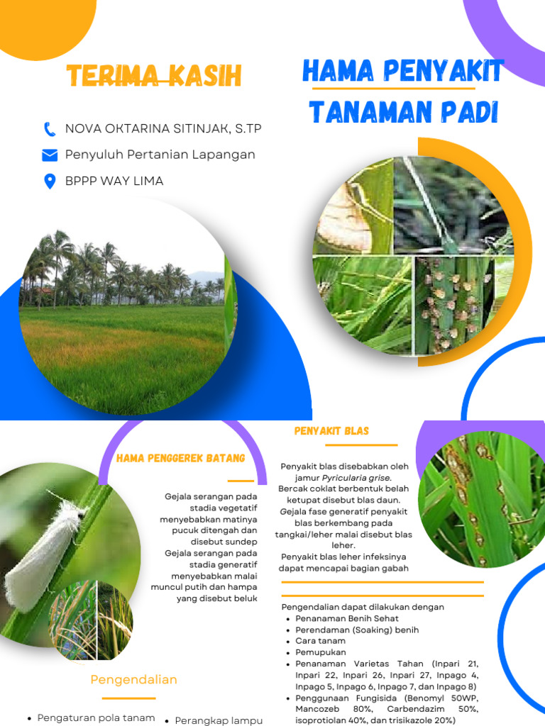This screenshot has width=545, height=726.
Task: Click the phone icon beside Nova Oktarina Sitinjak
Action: (50, 129)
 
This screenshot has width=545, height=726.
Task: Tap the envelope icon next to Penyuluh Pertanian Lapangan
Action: (50, 155)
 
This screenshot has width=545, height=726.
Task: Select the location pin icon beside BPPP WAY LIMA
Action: (50, 181)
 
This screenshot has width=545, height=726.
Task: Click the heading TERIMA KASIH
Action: (154, 76)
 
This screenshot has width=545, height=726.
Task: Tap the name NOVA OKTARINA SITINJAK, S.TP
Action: (163, 128)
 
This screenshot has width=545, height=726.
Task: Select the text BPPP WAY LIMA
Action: (114, 181)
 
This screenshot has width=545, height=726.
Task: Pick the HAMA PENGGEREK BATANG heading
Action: (180, 459)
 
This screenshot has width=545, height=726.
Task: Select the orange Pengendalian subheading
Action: (133, 679)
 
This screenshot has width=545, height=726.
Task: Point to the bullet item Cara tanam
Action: (321, 641)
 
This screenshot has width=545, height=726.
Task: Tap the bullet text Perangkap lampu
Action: (219, 720)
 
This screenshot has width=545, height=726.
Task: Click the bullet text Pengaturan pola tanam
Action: (96, 717)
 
